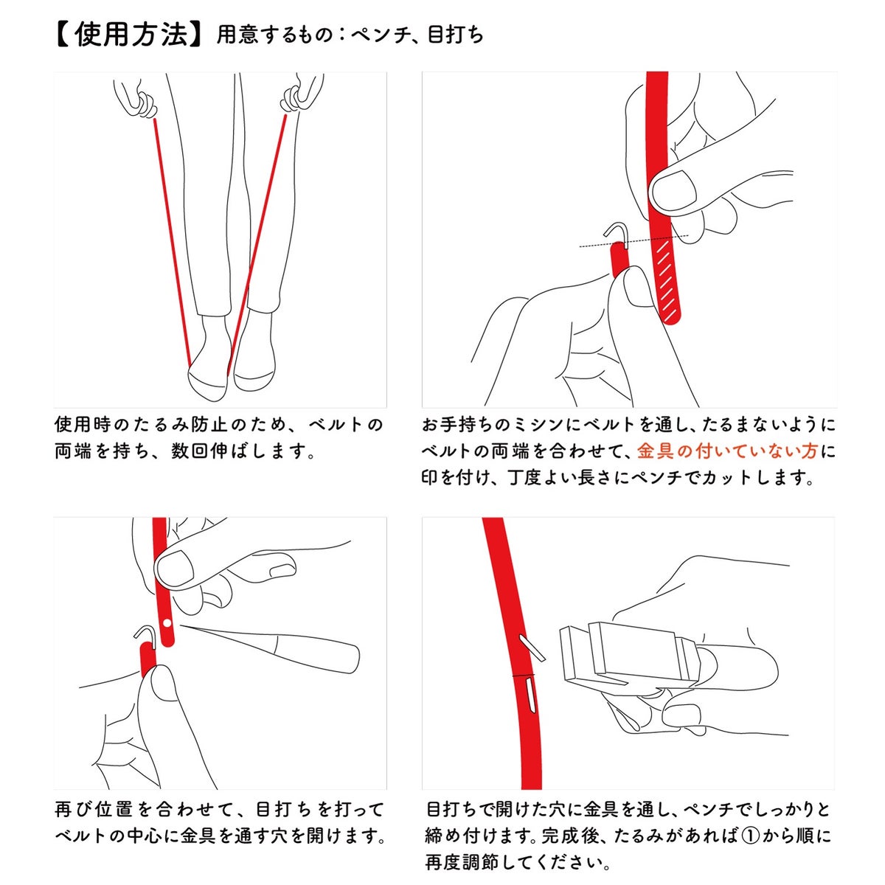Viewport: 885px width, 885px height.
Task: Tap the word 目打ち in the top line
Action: tap(455, 35)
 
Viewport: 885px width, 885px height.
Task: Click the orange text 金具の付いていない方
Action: tap(727, 451)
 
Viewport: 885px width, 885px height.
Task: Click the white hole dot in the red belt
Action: tap(167, 623)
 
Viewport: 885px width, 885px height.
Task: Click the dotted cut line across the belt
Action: tap(634, 241)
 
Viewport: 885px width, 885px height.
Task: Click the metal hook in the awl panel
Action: tap(145, 636)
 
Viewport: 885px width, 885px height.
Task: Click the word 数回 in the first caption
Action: tap(190, 451)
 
